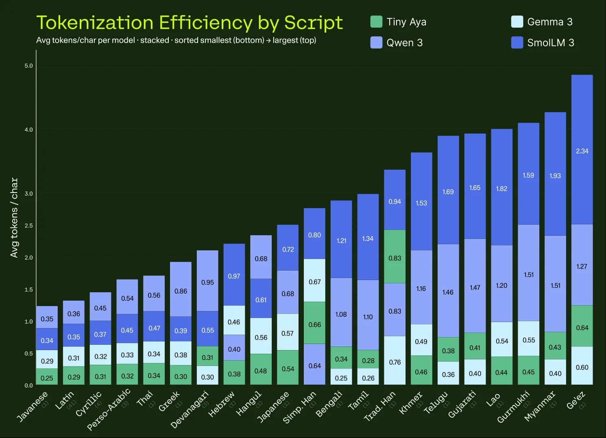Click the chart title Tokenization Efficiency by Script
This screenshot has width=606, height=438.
pos(190,23)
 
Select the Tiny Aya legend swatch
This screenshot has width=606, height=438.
pos(376,22)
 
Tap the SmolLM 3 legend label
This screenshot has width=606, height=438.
pos(550,43)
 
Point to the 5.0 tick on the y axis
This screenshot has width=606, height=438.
pos(28,66)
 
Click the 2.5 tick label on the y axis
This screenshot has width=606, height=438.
pos(28,226)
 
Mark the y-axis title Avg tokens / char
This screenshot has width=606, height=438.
pos(14,217)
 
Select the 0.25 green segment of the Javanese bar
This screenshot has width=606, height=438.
pos(47,377)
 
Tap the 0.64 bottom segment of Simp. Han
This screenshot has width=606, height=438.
pos(314,364)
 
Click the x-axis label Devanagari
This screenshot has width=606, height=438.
pos(190,409)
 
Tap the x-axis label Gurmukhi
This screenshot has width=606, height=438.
pos(514,407)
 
